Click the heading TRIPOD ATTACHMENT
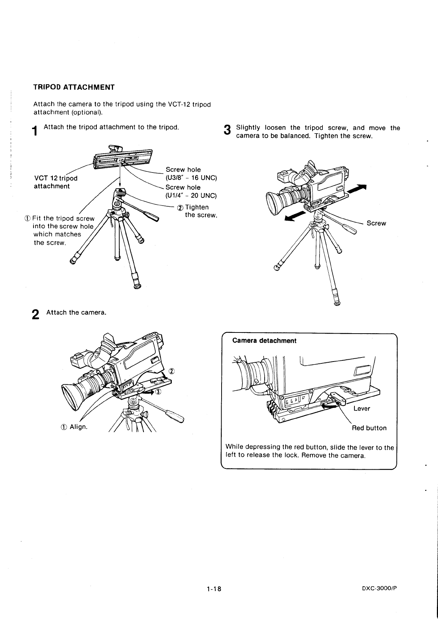pyautogui.click(x=74, y=88)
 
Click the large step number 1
pyautogui.click(x=35, y=131)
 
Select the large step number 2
pyautogui.click(x=35, y=315)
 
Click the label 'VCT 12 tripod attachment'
pyautogui.click(x=55, y=182)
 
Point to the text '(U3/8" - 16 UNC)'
pyautogui.click(x=191, y=178)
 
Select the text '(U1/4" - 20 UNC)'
pyautogui.click(x=191, y=195)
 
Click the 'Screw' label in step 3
pyautogui.click(x=376, y=223)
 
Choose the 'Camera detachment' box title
pyautogui.click(x=264, y=341)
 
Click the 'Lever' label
pyautogui.click(x=361, y=409)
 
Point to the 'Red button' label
pyautogui.click(x=369, y=428)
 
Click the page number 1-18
pyautogui.click(x=213, y=589)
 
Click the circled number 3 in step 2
pyautogui.click(x=158, y=391)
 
